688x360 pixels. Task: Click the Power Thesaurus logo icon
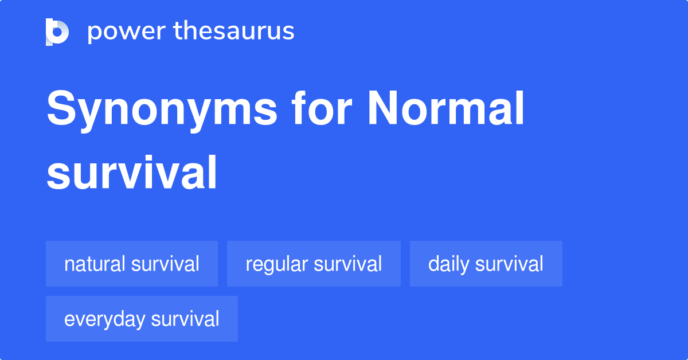[x=57, y=32]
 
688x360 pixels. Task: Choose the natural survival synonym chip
[x=132, y=264]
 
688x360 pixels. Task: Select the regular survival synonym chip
[x=314, y=264]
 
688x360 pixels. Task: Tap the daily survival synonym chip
[x=486, y=264]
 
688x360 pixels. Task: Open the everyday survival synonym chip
[x=142, y=319]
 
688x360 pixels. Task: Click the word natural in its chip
[x=95, y=264]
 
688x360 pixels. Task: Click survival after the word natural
[x=165, y=264]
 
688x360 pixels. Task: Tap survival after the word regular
[x=348, y=264]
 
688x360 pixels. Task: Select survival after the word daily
[x=509, y=264]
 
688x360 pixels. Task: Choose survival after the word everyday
[x=185, y=319]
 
